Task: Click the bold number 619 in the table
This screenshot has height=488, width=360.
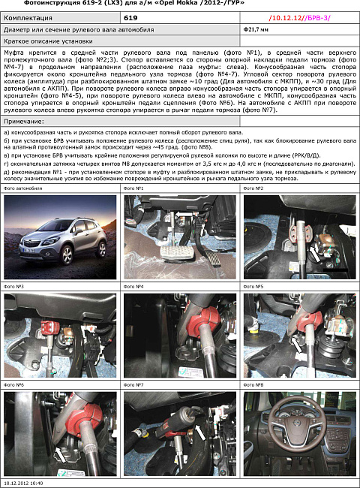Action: (x=130, y=17)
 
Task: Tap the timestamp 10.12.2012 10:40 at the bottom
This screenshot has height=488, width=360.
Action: (x=23, y=483)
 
